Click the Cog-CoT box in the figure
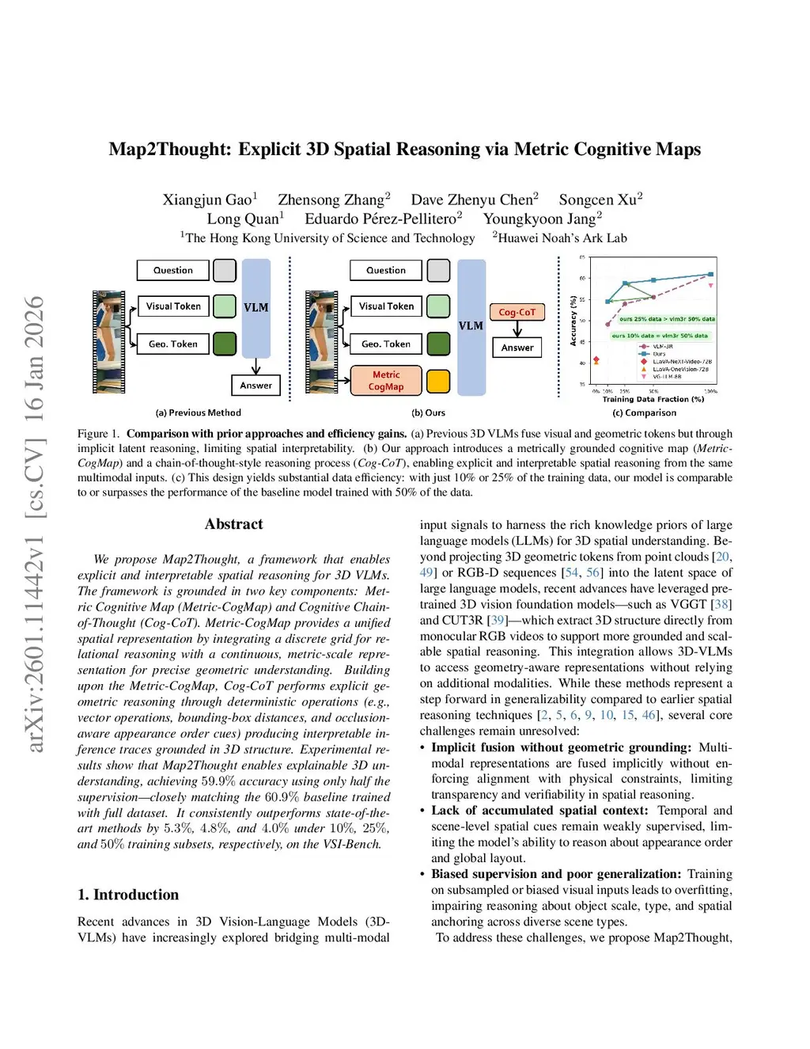[x=517, y=312]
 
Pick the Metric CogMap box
[x=386, y=381]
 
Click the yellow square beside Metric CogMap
[x=438, y=381]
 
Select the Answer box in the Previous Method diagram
[x=255, y=386]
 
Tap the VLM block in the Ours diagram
[x=471, y=326]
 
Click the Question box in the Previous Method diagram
[x=173, y=270]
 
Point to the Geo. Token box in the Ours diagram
[x=386, y=344]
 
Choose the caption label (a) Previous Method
[x=199, y=412]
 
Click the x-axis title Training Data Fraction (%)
[x=653, y=399]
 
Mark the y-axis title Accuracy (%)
[x=573, y=321]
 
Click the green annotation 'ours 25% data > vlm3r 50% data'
[x=667, y=319]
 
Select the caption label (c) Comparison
[x=645, y=412]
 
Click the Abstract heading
[x=233, y=524]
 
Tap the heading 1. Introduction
[x=128, y=895]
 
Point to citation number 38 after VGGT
[x=722, y=604]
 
